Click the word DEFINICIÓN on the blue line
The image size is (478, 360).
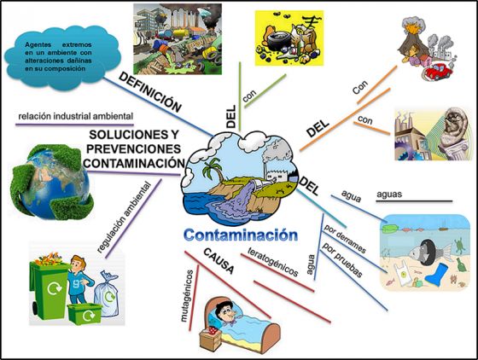coord(150,92)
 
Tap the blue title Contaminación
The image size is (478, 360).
coord(241,235)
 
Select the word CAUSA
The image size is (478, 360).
coord(219,261)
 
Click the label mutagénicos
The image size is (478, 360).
coord(187,296)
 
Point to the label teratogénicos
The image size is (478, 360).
coord(273,262)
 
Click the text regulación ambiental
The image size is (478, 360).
coord(124,218)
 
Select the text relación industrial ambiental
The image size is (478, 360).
coord(76,116)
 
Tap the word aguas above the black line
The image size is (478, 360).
coord(389,194)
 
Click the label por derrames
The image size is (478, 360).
coord(345,239)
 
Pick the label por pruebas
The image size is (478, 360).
coord(342,260)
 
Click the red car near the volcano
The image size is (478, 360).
coord(435,72)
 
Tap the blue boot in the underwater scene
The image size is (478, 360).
coord(437,275)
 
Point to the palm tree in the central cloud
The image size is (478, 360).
coord(213,171)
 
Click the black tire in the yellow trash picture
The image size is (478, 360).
coord(277,41)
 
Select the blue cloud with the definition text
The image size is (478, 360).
coord(62,57)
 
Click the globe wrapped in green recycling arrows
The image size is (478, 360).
coord(51,182)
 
